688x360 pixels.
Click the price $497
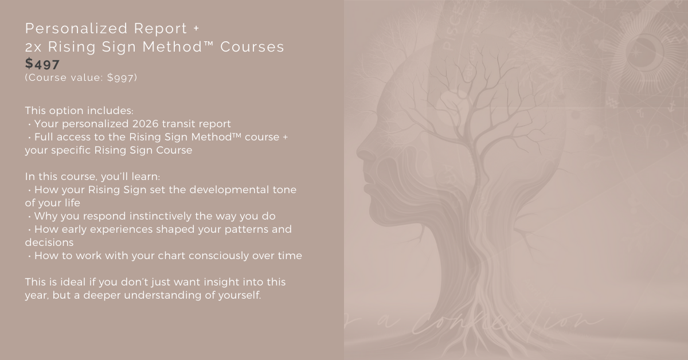click(42, 64)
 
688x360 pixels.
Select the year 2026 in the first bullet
click(152, 123)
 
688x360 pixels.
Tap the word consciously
click(209, 256)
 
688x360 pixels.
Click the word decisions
click(49, 242)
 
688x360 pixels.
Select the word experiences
click(121, 229)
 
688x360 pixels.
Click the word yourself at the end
click(239, 296)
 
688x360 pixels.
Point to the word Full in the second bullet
click(45, 137)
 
